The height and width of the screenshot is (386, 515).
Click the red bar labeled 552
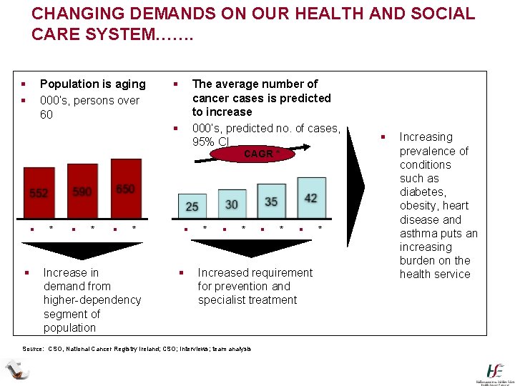pos(39,193)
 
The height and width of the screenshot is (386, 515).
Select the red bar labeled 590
pos(82,192)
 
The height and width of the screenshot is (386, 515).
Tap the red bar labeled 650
pos(126,188)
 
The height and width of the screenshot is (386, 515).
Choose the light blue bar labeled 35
pos(271,199)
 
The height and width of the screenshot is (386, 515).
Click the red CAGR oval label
pos(257,154)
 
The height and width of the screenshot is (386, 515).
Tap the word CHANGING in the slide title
pos(79,14)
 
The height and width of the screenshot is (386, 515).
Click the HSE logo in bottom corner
pos(495,372)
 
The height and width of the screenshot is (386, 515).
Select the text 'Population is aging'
pos(92,84)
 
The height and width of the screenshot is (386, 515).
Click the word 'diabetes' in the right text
pos(422,192)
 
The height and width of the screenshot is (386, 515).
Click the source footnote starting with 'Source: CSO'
pos(137,349)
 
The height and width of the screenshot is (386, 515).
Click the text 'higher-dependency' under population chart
pos(92,300)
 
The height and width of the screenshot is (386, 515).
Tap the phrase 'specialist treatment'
pos(247,300)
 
